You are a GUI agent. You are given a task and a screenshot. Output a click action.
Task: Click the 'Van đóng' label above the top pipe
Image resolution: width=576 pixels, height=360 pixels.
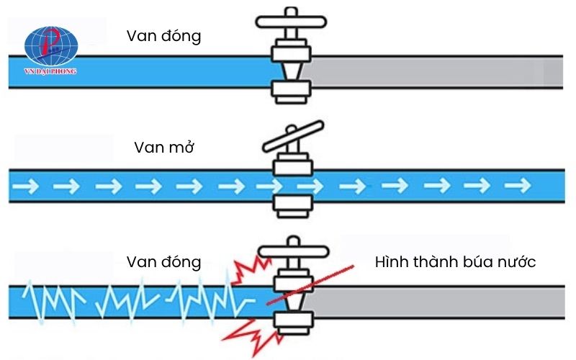pyautogui.click(x=163, y=35)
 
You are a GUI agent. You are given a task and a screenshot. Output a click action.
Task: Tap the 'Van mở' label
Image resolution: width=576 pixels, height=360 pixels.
pyautogui.click(x=165, y=148)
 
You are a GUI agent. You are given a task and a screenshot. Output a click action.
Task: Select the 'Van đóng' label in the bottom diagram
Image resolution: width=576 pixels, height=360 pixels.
pyautogui.click(x=163, y=261)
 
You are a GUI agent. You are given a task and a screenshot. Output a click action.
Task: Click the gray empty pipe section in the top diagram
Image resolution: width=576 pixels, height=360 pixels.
pyautogui.click(x=432, y=72)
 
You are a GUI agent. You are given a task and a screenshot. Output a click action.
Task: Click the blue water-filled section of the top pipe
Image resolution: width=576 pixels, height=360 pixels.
pyautogui.click(x=144, y=72)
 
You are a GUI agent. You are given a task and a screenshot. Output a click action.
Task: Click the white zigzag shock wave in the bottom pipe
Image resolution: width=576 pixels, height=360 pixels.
pyautogui.click(x=130, y=300)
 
